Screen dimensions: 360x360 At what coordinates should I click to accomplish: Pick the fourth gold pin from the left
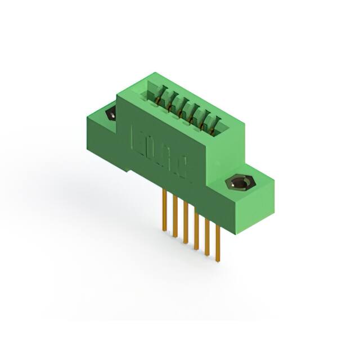tap(196, 231)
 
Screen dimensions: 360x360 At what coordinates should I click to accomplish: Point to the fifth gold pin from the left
tap(207, 236)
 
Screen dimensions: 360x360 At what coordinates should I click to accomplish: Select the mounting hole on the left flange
tap(110, 115)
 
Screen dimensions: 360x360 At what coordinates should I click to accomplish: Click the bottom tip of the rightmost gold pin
tap(218, 259)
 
